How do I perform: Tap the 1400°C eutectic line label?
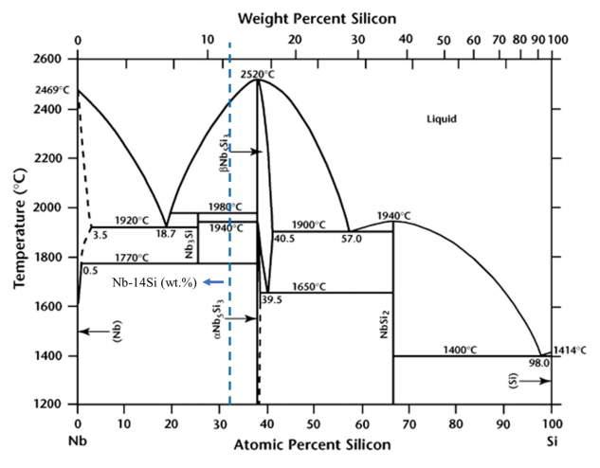(x=460, y=350)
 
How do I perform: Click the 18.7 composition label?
(x=167, y=232)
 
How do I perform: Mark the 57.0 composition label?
(x=351, y=239)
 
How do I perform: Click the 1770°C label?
(x=130, y=257)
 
